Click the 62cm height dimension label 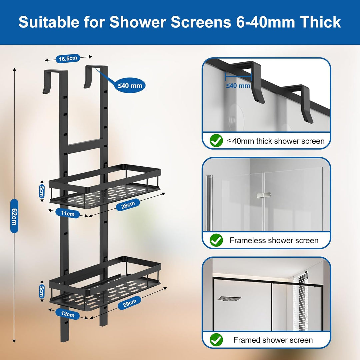14,216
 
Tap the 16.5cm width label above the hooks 68,59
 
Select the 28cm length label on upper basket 128,205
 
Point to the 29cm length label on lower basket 129,303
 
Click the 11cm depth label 68,213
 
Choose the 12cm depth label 68,314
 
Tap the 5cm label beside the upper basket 42,191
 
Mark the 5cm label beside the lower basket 42,291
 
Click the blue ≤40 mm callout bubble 130,85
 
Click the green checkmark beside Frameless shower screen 216,240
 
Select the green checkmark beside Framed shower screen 216,340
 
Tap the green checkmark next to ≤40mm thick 216,141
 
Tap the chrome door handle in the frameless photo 209,203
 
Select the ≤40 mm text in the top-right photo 238,86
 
